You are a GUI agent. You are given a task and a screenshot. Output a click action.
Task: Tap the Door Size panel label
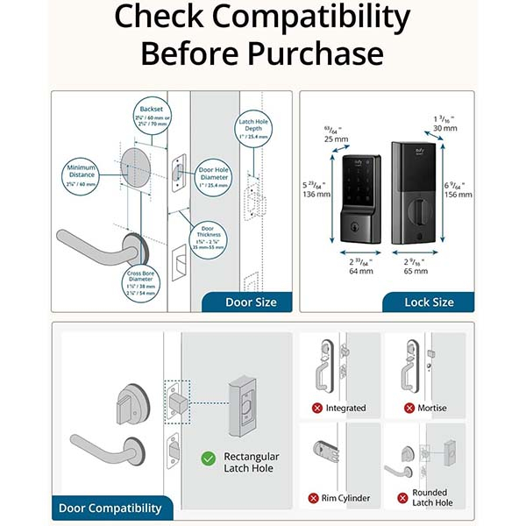[251, 302]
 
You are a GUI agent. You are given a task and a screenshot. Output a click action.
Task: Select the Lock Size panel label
[429, 302]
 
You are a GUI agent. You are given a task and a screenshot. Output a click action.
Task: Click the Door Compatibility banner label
[110, 508]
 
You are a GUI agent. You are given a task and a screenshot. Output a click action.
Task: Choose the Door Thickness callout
[211, 237]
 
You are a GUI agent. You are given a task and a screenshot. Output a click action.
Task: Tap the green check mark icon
[209, 458]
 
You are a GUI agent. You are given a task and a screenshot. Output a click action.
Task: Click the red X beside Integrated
[317, 408]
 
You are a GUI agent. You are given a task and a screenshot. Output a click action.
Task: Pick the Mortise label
[431, 408]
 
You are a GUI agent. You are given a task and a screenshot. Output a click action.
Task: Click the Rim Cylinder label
[345, 498]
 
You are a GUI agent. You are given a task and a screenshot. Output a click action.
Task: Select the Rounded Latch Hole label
[430, 497]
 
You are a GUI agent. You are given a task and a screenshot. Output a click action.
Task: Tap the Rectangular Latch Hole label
[251, 462]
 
